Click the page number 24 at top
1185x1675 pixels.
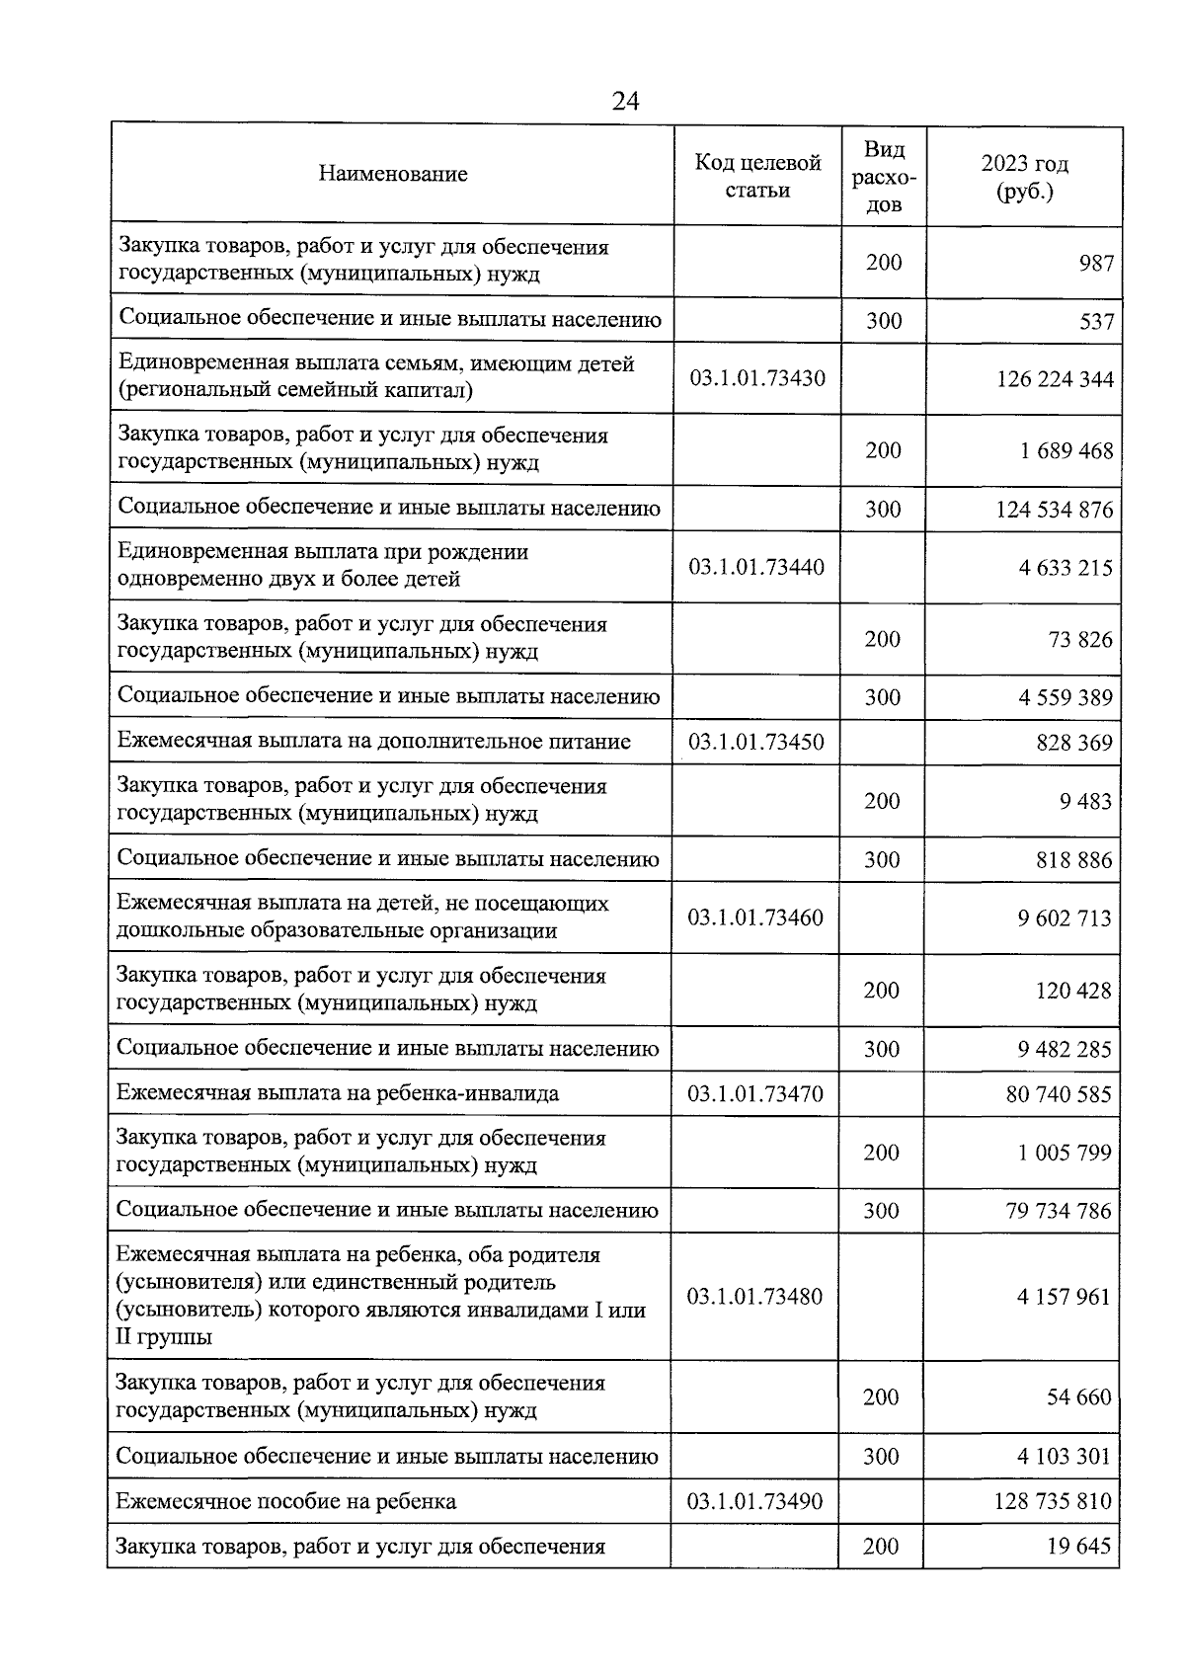[x=625, y=102]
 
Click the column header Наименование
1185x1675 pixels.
[x=393, y=174]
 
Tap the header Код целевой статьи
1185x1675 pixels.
[x=757, y=176]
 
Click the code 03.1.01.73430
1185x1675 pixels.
[x=757, y=377]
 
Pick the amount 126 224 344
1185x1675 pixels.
[x=1055, y=379]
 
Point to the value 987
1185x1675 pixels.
[x=1096, y=263]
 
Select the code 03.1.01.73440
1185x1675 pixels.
[x=756, y=567]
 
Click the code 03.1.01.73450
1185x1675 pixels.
[x=756, y=742]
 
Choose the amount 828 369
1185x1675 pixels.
[x=1074, y=743]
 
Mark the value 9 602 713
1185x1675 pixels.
[x=1065, y=918]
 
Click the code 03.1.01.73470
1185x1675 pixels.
[x=755, y=1093]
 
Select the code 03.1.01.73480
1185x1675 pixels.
[x=754, y=1296]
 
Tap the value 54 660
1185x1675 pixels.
[x=1078, y=1397]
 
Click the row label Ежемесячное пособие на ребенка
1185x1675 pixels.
[x=286, y=1502]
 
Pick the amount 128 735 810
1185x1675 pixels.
[x=1053, y=1502]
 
